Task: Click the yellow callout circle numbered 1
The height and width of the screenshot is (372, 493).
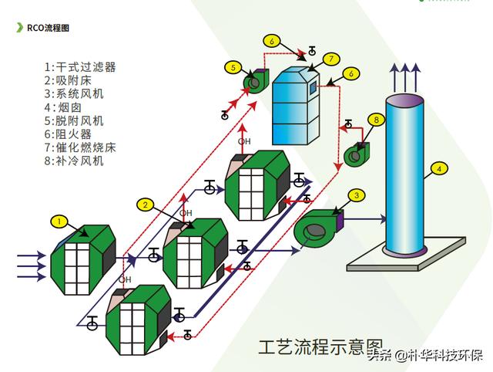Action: (59, 222)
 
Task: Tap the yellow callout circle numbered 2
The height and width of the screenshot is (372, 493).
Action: (146, 205)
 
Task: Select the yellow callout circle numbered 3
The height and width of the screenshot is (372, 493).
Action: (357, 195)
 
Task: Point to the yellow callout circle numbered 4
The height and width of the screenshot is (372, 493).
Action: (439, 168)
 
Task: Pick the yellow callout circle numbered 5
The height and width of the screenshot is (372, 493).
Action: (233, 67)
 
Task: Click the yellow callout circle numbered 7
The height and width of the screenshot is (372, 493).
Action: (331, 59)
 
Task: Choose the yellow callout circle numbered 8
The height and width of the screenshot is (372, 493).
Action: (377, 120)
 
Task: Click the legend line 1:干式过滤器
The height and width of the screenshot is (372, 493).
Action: (80, 67)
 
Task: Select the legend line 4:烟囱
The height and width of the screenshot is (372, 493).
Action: (63, 107)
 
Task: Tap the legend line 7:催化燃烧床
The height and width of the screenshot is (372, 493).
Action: (80, 147)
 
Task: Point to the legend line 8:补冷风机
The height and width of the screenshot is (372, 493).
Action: (74, 161)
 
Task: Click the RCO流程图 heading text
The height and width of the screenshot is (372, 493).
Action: (48, 28)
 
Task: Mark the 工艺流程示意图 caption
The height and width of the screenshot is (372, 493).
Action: (320, 347)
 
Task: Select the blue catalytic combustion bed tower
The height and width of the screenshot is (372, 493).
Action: (296, 106)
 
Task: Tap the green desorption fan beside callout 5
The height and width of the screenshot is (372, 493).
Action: (256, 81)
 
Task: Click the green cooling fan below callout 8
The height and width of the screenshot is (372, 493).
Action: (357, 155)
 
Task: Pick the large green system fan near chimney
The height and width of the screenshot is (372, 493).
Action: (318, 228)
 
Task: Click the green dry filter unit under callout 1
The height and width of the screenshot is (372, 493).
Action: (83, 260)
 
